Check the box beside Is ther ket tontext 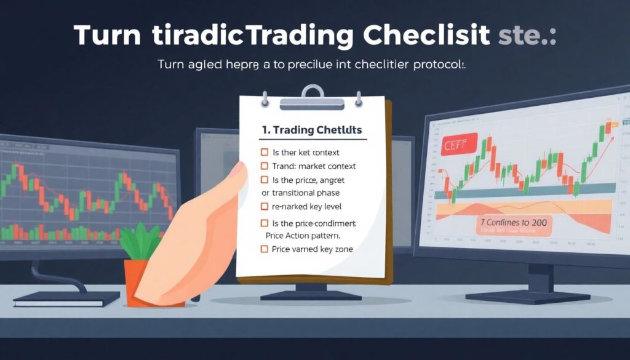pos(265,152)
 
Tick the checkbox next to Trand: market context pos(265,166)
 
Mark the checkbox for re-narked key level pos(265,206)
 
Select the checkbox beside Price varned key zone pos(265,249)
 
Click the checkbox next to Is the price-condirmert pos(265,223)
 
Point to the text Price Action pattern pos(303,235)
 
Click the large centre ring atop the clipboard pos(313,94)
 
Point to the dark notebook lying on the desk pos(66,299)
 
